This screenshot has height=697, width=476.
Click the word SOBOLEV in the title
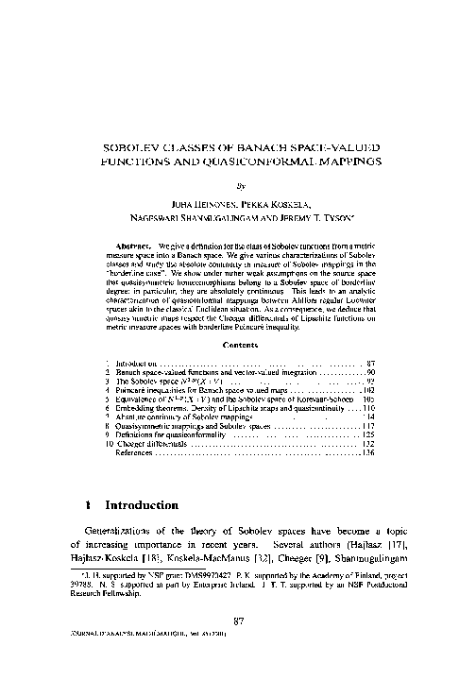[135, 148]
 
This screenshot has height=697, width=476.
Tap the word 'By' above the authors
[237, 186]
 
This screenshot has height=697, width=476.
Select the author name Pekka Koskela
[275, 203]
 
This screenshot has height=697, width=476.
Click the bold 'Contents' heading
[237, 345]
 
